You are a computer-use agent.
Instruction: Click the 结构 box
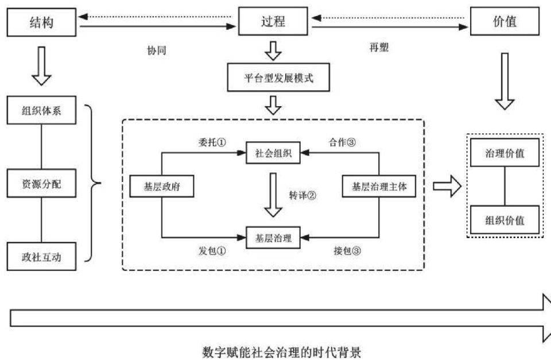[41, 22]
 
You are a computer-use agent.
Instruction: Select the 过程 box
[273, 21]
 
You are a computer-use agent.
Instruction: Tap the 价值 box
[505, 21]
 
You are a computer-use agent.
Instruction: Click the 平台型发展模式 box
[278, 78]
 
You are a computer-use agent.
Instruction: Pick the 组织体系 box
[41, 110]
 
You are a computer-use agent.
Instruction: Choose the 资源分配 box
[41, 183]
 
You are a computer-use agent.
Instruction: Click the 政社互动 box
[41, 256]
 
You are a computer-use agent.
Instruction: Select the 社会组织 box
[273, 153]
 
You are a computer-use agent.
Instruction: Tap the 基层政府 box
[162, 186]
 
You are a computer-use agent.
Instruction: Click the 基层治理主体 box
[379, 186]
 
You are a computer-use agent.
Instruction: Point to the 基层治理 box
[273, 238]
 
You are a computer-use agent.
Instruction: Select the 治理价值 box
[505, 153]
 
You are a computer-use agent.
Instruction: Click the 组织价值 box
[505, 220]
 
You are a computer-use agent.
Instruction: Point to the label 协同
[157, 51]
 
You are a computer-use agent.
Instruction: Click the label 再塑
[379, 47]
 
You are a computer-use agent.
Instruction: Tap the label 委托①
[212, 142]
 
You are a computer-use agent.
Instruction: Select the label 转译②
[302, 195]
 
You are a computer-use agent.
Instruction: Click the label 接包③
[347, 250]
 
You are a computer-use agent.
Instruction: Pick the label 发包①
[212, 250]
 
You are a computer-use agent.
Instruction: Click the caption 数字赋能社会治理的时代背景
[281, 352]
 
